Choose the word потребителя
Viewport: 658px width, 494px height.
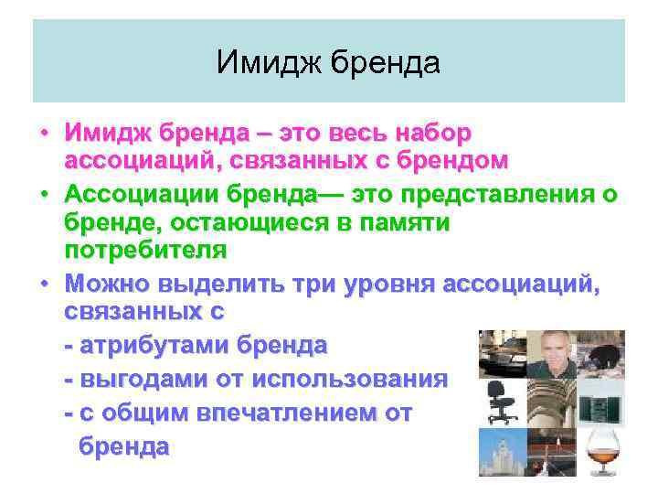click(x=145, y=249)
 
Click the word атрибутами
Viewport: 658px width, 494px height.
click(x=154, y=346)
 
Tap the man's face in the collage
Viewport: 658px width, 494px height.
click(x=552, y=352)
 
